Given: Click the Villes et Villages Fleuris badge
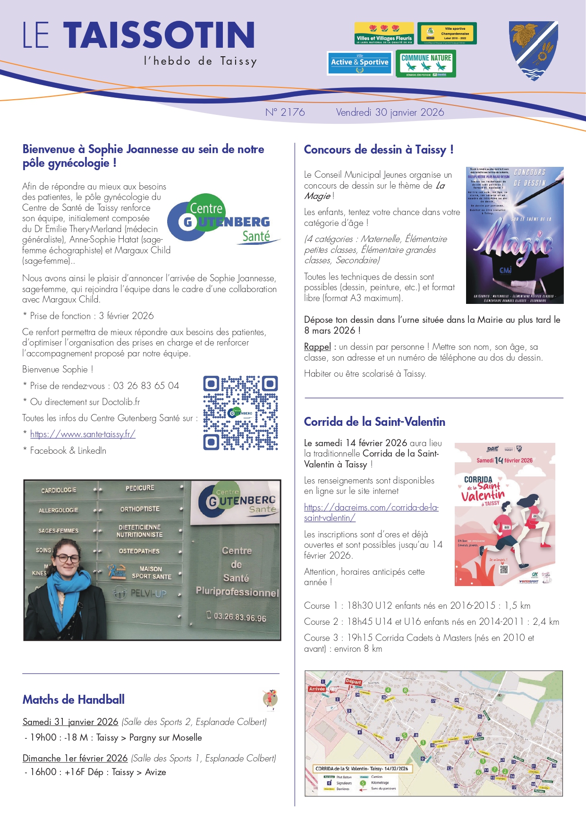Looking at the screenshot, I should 384,33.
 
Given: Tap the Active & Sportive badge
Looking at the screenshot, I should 360,63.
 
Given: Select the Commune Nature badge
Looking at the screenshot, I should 426,63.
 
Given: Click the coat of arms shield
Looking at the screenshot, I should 534,51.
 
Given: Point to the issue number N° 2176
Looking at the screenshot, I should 285,112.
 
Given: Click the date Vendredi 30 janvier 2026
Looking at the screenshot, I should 390,112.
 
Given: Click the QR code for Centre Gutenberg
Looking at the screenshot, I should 240,413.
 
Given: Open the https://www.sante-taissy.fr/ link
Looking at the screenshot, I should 83,434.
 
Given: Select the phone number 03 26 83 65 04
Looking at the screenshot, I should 146,386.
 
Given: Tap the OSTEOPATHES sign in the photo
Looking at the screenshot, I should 139,551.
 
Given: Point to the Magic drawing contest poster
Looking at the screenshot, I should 514,235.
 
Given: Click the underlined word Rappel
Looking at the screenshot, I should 317,346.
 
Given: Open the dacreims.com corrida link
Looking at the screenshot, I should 371,512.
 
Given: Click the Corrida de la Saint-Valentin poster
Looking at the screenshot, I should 504,514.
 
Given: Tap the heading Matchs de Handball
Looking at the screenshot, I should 74,699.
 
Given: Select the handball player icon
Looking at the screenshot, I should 270,700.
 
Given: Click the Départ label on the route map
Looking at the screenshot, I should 354,681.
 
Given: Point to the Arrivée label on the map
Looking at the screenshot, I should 317,689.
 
